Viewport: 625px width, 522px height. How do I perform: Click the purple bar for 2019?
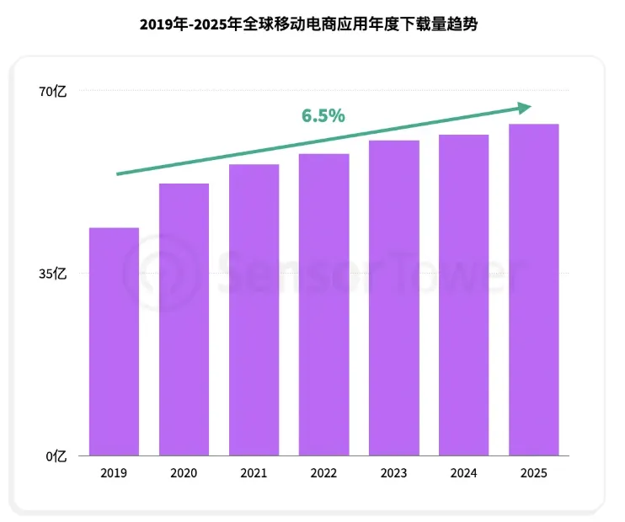(114, 341)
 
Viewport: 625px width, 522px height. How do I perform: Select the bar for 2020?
(184, 319)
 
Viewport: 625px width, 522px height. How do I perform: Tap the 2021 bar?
(254, 309)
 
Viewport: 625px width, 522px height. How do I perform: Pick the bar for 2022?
(323, 304)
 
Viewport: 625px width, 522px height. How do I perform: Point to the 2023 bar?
(393, 297)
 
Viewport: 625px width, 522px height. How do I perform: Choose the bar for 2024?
(463, 295)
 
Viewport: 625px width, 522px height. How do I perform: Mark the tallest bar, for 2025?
(533, 289)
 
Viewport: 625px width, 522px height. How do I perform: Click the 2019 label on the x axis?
(114, 474)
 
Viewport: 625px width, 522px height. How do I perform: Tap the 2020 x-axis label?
(184, 474)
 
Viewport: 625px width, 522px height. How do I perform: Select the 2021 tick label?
(254, 474)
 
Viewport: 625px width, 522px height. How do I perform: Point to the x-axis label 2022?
(323, 474)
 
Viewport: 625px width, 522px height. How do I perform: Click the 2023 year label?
(393, 474)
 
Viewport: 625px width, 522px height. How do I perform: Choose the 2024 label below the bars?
(463, 474)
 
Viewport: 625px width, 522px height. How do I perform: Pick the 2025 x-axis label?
(533, 474)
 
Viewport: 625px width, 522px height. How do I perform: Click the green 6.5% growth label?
(323, 116)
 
